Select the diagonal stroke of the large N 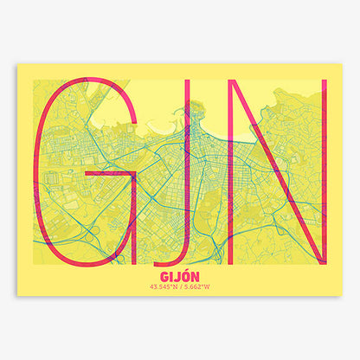point(269,173)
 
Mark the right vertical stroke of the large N point(324,173)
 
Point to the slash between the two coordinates point(181,287)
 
